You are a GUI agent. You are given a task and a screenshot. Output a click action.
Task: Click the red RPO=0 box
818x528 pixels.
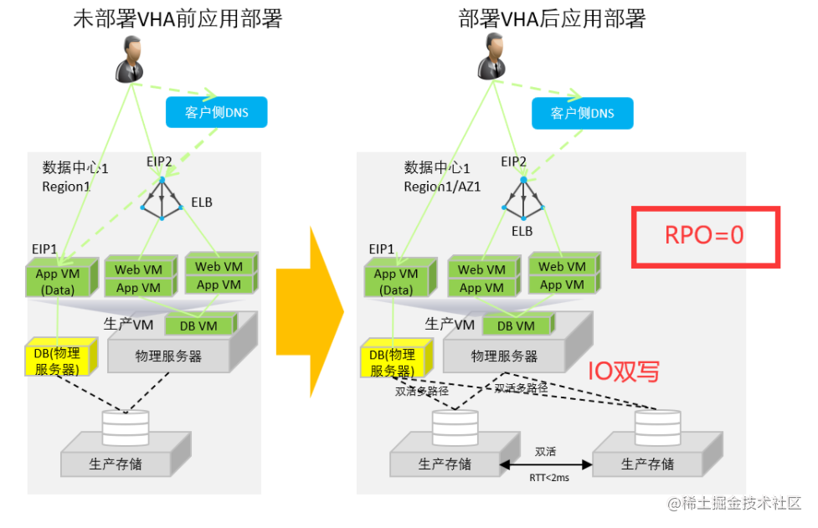point(705,237)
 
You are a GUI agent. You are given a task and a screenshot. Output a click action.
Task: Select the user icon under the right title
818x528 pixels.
point(495,59)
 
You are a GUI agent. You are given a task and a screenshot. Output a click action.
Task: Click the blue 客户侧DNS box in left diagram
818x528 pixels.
point(216,112)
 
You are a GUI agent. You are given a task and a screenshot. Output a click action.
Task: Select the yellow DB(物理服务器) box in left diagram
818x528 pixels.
point(57,360)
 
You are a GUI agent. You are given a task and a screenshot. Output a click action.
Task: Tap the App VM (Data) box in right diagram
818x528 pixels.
point(397,281)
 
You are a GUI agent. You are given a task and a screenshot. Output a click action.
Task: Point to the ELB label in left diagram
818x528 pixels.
point(202,202)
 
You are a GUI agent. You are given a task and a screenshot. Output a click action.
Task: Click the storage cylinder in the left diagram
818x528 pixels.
point(125,427)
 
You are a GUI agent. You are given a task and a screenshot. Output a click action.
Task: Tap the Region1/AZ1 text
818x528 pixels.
point(442,187)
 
